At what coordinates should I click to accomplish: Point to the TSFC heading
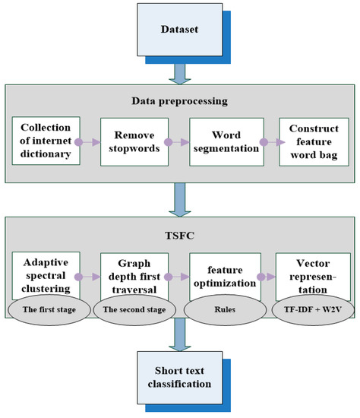180,235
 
